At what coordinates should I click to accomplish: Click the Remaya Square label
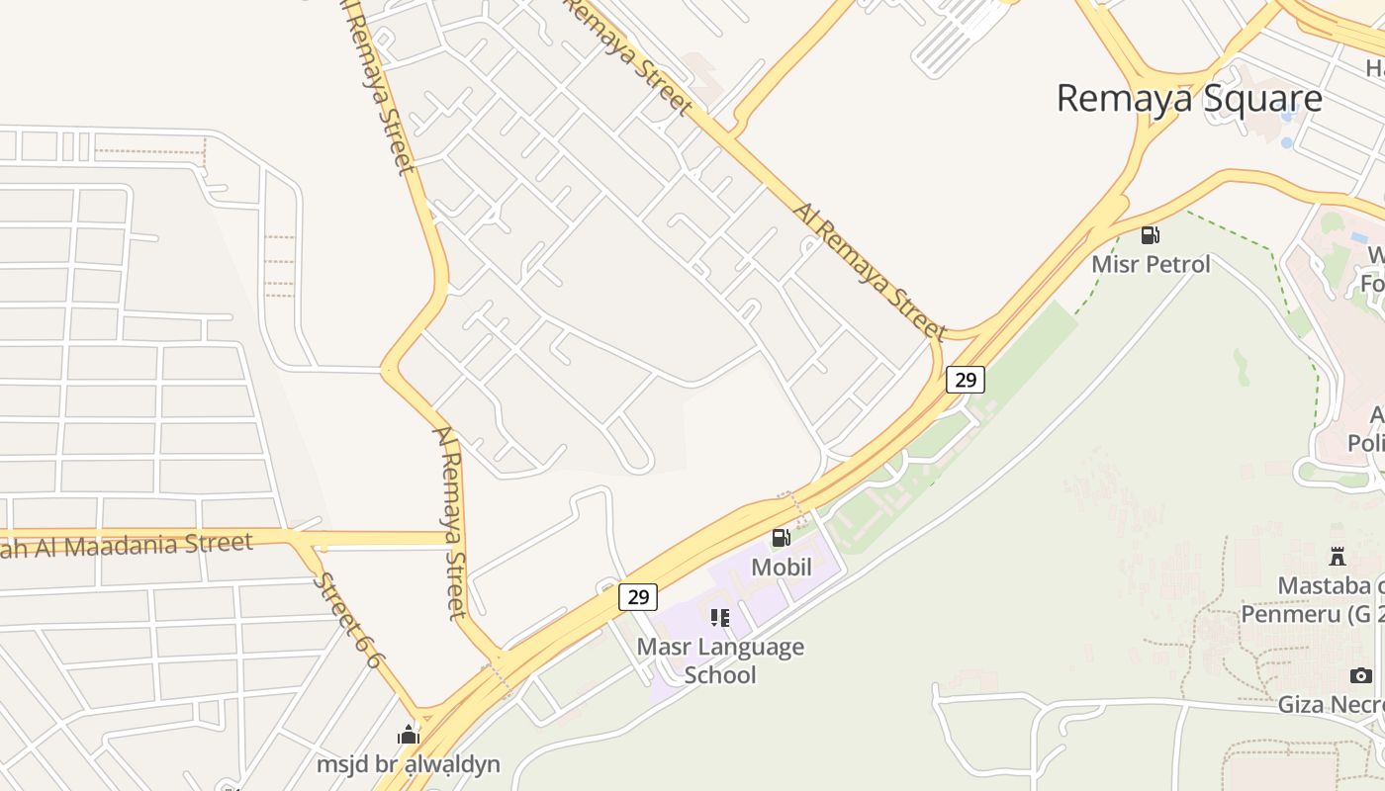pos(1189,99)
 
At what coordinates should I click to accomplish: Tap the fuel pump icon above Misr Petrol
pos(1150,235)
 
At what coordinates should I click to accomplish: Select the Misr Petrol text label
pos(1151,264)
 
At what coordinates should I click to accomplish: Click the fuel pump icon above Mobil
pos(781,538)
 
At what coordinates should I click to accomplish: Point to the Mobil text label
pos(782,568)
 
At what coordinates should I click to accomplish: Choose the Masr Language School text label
pos(720,660)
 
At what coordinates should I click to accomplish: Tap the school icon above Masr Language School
pos(720,618)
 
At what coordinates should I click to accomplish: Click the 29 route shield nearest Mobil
pos(638,596)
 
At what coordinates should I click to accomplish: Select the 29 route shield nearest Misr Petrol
pos(965,379)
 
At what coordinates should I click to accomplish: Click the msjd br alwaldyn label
pos(409,764)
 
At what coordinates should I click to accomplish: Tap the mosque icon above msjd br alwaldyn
pos(409,735)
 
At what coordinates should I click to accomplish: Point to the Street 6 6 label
pos(347,620)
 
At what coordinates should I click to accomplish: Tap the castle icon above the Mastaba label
pos(1338,556)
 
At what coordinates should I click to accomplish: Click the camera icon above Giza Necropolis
pos(1361,676)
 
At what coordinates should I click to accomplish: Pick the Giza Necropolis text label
pos(1332,705)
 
